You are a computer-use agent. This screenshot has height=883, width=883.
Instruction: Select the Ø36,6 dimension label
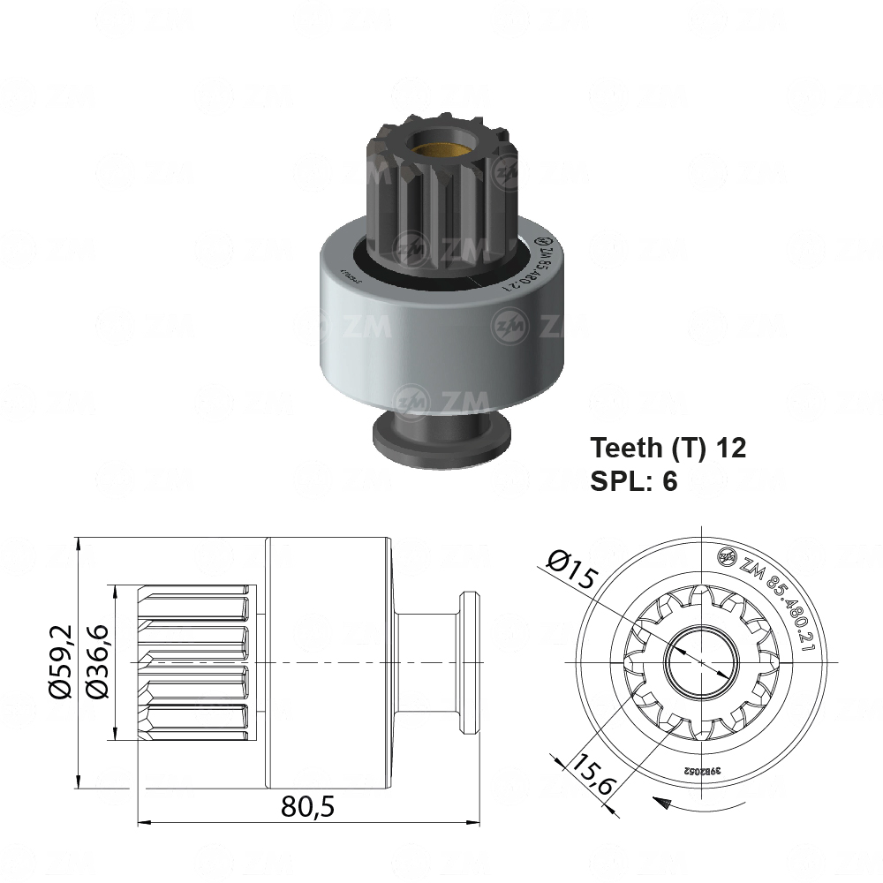(x=100, y=662)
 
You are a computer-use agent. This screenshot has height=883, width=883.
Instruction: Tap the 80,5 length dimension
(x=308, y=805)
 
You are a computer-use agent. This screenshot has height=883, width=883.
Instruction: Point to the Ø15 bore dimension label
(x=572, y=571)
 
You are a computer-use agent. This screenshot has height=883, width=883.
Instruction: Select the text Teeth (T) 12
(x=668, y=448)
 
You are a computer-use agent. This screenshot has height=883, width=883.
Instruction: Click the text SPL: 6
(x=633, y=481)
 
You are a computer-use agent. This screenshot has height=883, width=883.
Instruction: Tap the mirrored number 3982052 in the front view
(x=702, y=770)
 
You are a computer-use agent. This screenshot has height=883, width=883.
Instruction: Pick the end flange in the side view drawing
(x=468, y=662)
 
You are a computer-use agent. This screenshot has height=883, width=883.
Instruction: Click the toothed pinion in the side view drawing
(x=194, y=662)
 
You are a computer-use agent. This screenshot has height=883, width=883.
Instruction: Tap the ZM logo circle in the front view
(x=727, y=555)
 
